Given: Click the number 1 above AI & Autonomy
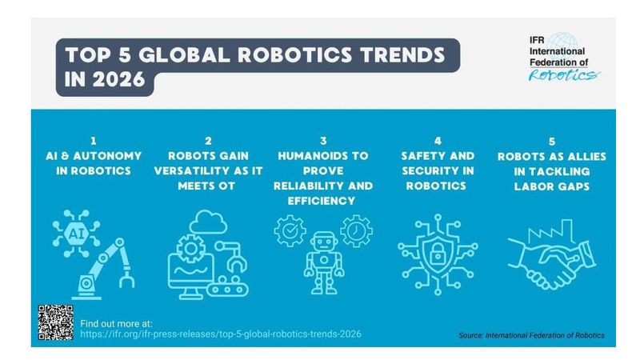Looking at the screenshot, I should [x=94, y=139].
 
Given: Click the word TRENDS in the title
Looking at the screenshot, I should [x=387, y=57].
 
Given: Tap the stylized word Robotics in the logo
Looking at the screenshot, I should [x=562, y=74].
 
